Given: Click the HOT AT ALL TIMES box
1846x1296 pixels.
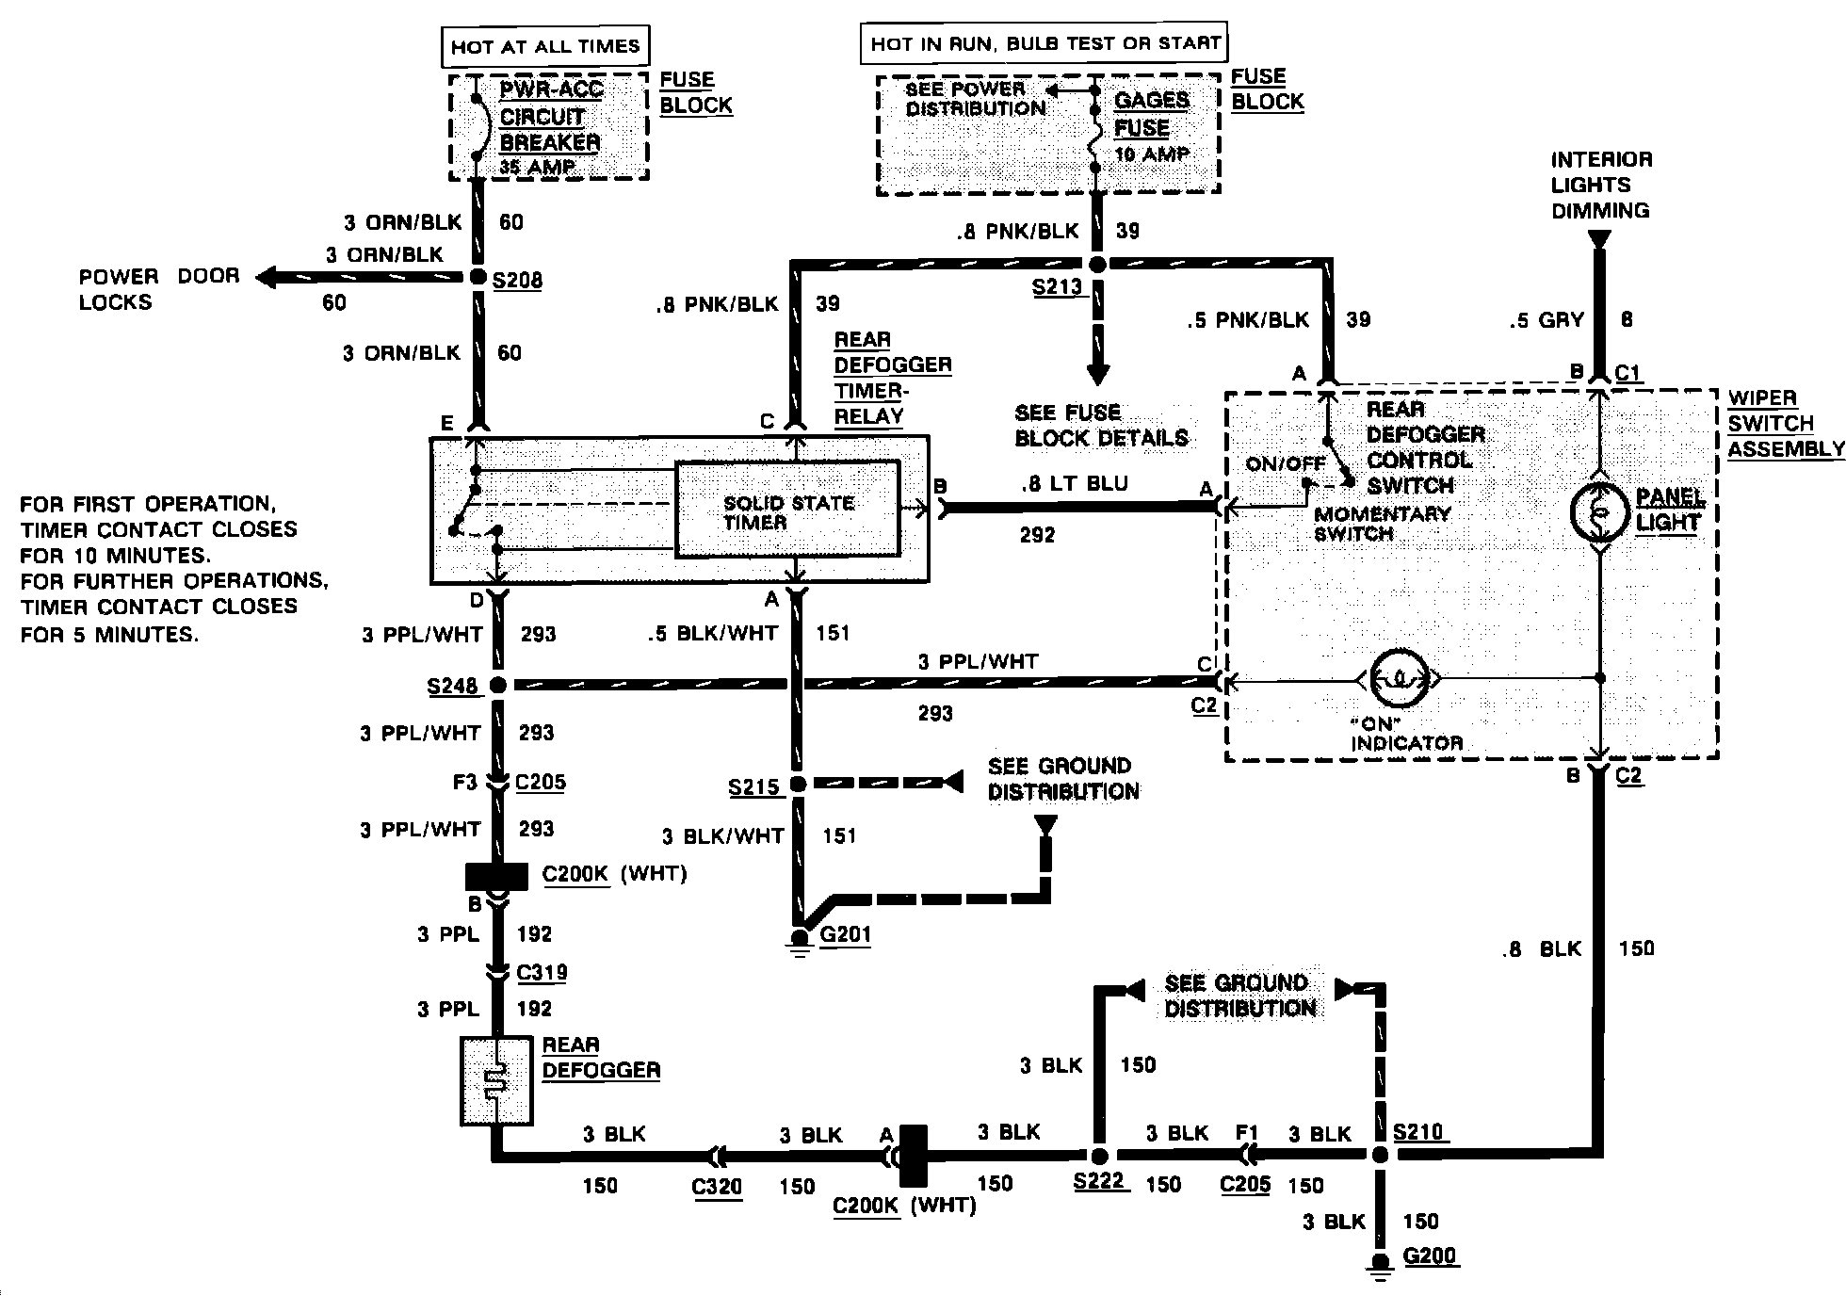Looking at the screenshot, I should tap(545, 46).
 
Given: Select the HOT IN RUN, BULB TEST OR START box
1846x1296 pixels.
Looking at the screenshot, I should tap(1044, 43).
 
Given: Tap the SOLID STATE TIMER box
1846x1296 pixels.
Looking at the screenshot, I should tap(787, 510).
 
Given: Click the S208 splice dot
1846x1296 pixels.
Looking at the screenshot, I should tap(478, 277).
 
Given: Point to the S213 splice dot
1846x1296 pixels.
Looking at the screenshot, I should tap(1097, 265).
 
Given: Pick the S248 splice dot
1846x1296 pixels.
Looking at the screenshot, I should tap(497, 685).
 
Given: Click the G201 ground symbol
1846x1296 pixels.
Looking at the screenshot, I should tap(800, 939).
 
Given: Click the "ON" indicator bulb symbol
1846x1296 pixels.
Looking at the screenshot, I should tap(1399, 677).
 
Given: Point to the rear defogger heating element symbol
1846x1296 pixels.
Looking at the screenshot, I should tap(496, 1080).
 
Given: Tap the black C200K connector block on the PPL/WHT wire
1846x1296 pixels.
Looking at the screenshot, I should tap(496, 876).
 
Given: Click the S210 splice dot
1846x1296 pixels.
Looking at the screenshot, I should tap(1380, 1155).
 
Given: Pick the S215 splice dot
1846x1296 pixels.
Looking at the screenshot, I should tap(799, 784).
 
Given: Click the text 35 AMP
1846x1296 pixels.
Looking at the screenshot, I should tap(537, 168).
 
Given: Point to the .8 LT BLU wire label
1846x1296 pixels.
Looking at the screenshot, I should tap(1075, 484).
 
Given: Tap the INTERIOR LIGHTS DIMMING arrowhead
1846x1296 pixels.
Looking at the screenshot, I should tap(1598, 240).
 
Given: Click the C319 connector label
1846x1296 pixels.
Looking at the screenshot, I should tap(542, 972).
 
